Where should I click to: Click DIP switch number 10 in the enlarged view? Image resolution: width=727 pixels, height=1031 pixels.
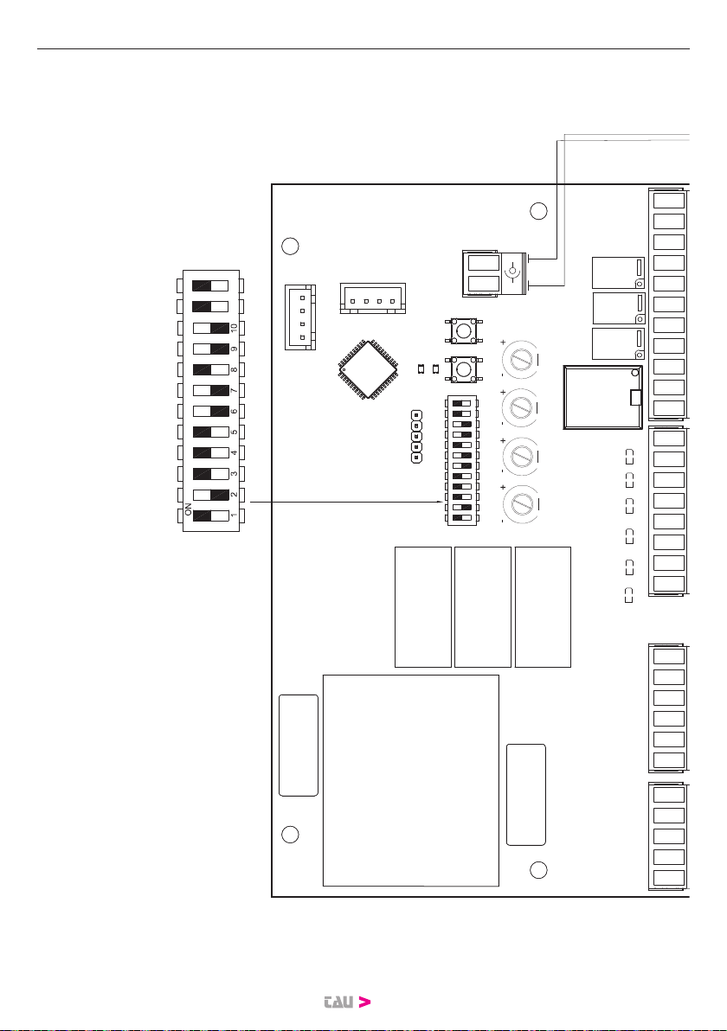[210, 329]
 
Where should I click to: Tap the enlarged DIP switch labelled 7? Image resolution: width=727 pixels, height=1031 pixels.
[210, 391]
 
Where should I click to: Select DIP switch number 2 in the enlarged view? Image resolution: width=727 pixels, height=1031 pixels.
[210, 496]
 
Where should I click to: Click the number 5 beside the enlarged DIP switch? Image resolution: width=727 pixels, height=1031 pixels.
[235, 432]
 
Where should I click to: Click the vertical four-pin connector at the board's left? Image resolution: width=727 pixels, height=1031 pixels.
[300, 317]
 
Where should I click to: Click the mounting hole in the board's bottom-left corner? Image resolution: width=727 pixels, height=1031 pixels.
[291, 835]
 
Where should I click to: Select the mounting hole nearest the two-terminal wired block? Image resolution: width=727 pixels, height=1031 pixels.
[538, 211]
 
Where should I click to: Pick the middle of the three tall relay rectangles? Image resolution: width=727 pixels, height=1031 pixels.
[482, 606]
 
